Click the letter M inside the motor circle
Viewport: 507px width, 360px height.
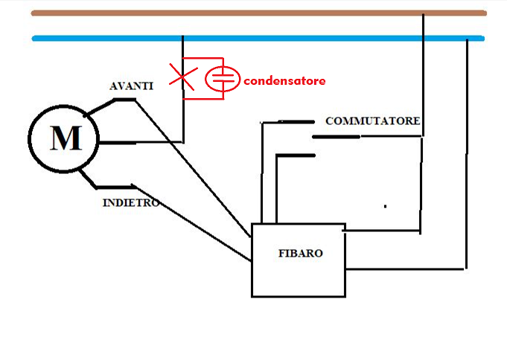[x=65, y=138]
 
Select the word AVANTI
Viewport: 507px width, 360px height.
[x=131, y=86]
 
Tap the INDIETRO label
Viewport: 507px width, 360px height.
[x=130, y=202]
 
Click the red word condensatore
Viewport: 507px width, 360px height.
[x=284, y=80]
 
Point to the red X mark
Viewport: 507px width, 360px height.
[x=179, y=76]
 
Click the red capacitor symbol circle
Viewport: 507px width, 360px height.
[x=221, y=78]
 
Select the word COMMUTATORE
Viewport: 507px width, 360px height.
[x=373, y=120]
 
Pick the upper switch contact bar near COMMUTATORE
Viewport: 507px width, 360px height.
[x=296, y=121]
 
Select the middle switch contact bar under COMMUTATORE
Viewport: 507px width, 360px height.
[x=336, y=136]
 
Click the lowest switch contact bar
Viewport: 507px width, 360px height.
[x=296, y=155]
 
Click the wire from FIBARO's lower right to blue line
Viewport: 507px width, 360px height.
[x=466, y=149]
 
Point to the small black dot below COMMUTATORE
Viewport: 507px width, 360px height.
[x=385, y=205]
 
